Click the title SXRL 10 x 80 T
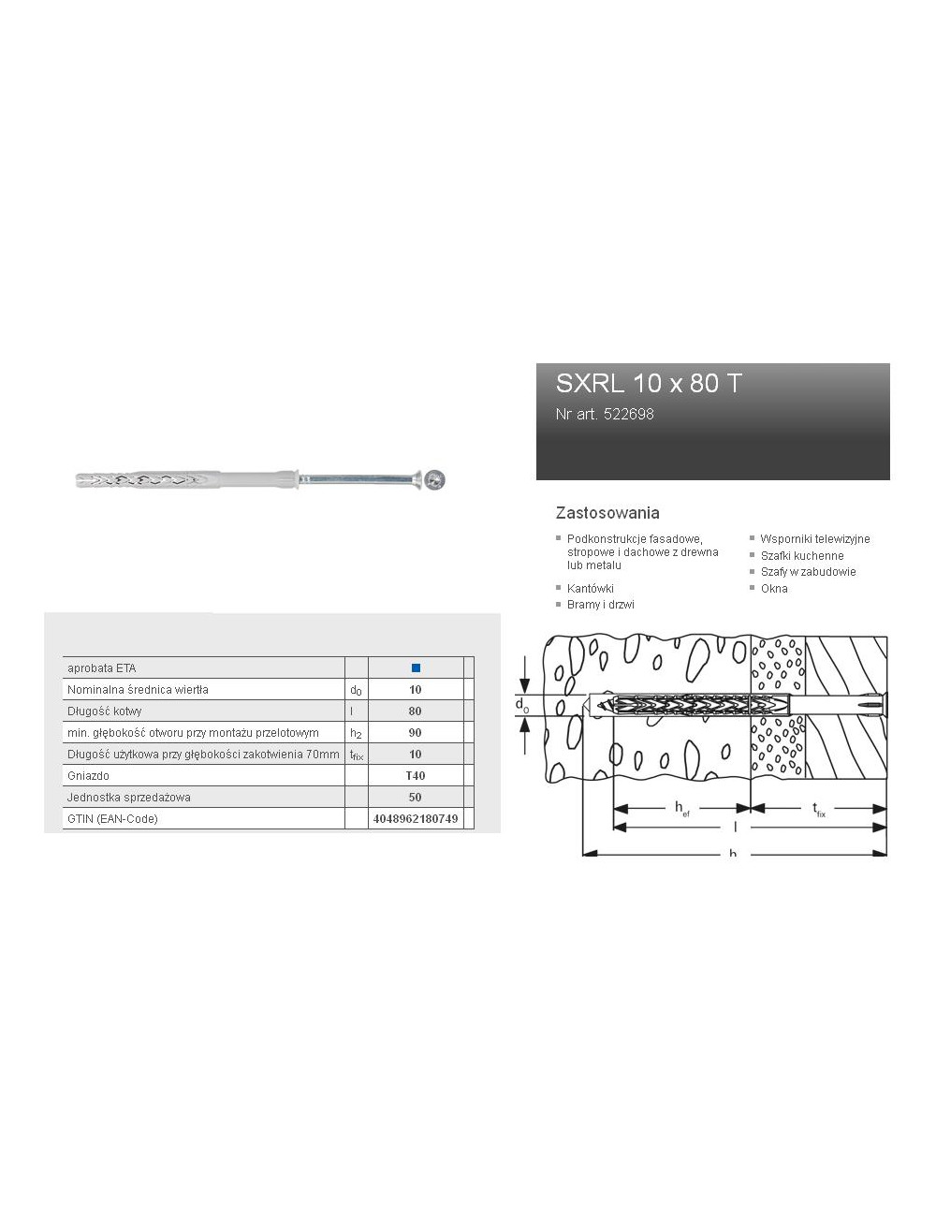click(x=649, y=383)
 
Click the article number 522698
click(x=605, y=414)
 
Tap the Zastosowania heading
click(x=607, y=513)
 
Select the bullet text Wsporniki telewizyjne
click(x=814, y=539)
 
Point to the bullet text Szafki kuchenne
click(x=801, y=556)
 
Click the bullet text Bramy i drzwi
click(x=600, y=605)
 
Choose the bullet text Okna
click(x=773, y=589)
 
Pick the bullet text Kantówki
click(x=590, y=589)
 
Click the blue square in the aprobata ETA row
click(x=416, y=668)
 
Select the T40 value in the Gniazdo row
click(x=416, y=776)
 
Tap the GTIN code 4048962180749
click(x=416, y=819)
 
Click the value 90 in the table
click(x=416, y=733)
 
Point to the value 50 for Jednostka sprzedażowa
click(x=416, y=798)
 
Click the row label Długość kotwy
click(x=104, y=711)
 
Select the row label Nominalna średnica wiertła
click(x=138, y=690)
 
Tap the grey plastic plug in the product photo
click(x=178, y=480)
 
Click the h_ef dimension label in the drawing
click(x=681, y=810)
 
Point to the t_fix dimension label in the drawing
click(x=818, y=810)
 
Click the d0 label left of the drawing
click(x=521, y=704)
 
